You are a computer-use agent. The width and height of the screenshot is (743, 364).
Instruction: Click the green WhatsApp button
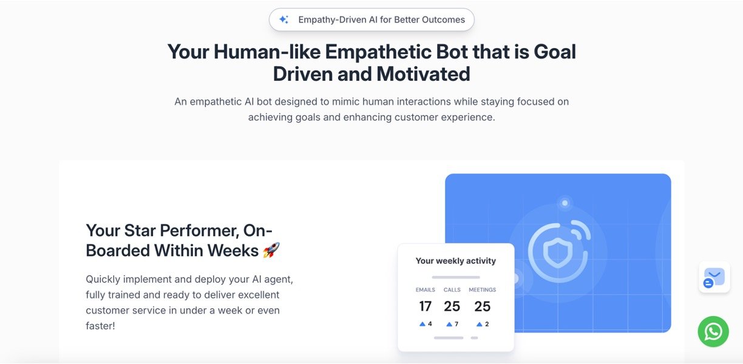pos(713,331)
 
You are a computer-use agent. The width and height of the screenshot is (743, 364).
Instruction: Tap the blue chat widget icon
pos(714,277)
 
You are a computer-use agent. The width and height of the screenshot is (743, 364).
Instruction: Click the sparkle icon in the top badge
pos(283,19)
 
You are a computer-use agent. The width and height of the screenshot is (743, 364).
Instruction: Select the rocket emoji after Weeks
pos(271,251)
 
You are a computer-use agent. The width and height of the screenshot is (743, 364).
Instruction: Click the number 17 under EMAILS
pos(426,306)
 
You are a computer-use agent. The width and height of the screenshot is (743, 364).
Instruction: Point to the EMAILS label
pos(426,290)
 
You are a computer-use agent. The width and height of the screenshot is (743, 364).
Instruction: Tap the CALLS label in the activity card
pos(452,290)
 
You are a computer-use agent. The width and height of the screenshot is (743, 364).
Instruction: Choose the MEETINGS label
pos(483,290)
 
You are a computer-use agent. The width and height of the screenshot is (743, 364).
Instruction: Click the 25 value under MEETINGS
pos(483,306)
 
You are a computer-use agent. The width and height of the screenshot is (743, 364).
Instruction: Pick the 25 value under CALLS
pos(452,306)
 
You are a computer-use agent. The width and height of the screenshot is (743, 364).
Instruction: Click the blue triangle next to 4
pos(422,324)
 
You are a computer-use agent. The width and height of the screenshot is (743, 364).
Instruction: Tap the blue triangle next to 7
pos(449,324)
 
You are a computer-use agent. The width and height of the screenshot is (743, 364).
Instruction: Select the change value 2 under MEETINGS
pos(487,324)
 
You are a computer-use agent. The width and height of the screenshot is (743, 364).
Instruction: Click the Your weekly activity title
pos(456,261)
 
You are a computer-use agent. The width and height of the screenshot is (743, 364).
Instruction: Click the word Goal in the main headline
pos(555,52)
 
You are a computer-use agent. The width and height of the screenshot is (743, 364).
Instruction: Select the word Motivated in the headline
pos(423,74)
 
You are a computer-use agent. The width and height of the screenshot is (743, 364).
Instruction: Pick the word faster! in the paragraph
pos(101,326)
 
